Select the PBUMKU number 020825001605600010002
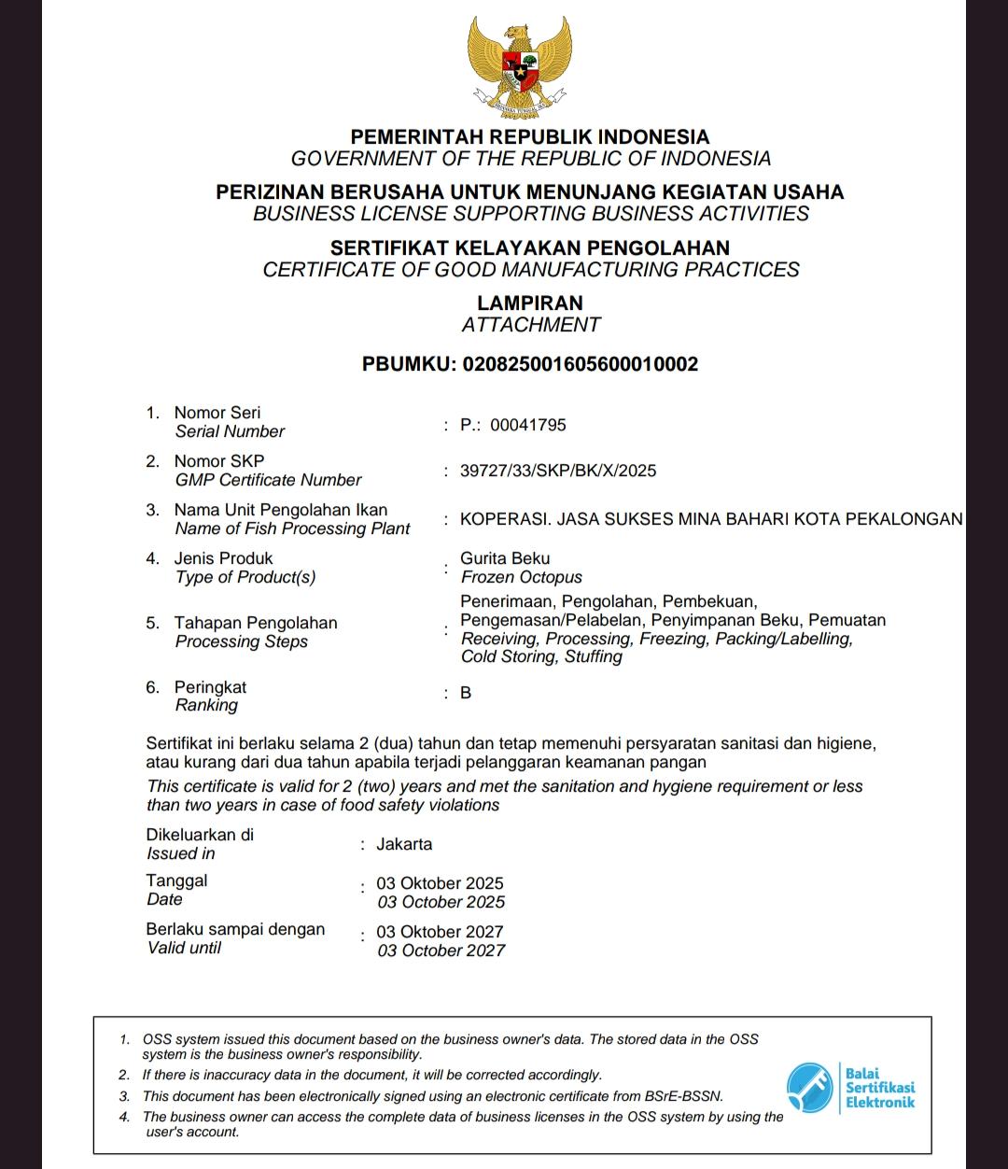580,364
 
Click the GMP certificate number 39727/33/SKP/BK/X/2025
557,471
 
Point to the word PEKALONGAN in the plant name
903,519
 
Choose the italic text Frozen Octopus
521,577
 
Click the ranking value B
466,693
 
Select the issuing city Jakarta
404,844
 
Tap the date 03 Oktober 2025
440,883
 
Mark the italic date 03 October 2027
441,951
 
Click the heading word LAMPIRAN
529,303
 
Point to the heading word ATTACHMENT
530,325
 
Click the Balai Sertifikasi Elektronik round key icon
809,1088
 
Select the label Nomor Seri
217,413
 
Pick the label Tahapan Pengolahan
255,623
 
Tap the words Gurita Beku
505,558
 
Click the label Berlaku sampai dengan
235,929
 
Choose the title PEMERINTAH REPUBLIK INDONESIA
529,136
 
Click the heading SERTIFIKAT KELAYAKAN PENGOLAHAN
529,247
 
